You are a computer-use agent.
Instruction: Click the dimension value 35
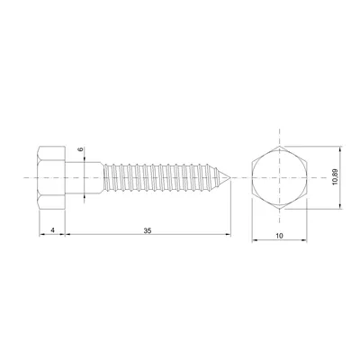click(148, 231)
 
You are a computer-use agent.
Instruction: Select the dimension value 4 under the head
click(54, 231)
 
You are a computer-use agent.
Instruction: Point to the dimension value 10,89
click(334, 177)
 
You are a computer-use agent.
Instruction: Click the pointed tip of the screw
click(230, 178)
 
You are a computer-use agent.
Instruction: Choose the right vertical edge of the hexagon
click(308, 178)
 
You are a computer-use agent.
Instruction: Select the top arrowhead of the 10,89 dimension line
click(339, 148)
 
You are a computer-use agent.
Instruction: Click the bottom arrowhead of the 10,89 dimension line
click(339, 209)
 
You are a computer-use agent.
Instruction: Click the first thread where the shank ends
click(106, 178)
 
